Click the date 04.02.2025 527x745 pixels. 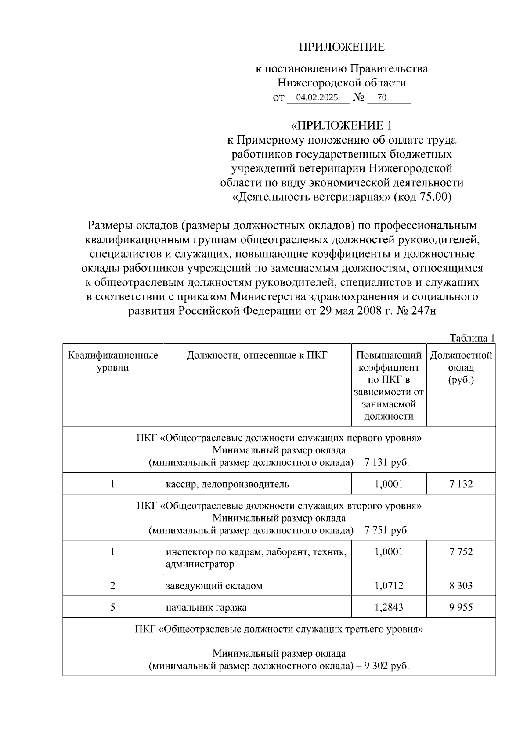coord(317,97)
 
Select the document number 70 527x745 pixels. coord(382,97)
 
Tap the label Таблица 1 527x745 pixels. coord(473,338)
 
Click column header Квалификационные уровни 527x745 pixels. coord(113,361)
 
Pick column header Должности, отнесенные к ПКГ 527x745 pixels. coord(257,355)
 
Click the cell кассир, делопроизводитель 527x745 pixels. coord(227,484)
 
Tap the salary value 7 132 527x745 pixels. coord(461,484)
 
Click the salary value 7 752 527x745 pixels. coord(461,552)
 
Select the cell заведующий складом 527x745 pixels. coord(214,586)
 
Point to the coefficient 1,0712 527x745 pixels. coord(389,586)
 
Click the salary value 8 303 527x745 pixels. coord(461,586)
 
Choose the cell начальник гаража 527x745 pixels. coord(206,608)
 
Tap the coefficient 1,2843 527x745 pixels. coord(389,608)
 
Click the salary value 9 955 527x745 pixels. coord(461,608)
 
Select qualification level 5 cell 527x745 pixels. coord(113,608)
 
